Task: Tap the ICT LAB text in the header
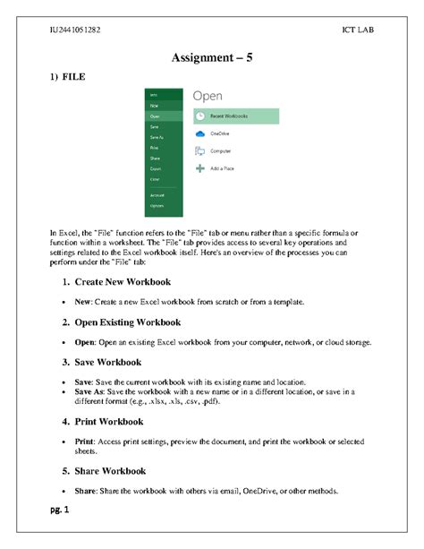tap(358, 30)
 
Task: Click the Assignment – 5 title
tap(212, 58)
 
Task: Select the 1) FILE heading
tap(67, 78)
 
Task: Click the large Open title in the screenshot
tap(208, 95)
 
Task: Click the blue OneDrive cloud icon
tap(200, 133)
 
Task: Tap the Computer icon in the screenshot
tap(200, 151)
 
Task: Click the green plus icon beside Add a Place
tap(200, 168)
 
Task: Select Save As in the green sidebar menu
tap(157, 137)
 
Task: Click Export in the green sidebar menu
tap(156, 168)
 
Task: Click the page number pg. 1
tap(61, 510)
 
